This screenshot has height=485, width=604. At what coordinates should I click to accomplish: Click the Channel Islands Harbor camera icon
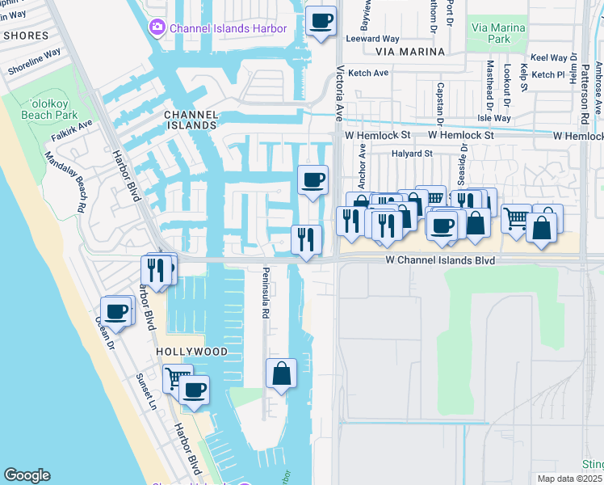(157, 28)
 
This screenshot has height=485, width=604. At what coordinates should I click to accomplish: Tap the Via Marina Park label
(498, 33)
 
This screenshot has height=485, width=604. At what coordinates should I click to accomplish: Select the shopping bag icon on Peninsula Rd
(281, 373)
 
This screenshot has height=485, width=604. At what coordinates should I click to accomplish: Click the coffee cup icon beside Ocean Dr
(116, 311)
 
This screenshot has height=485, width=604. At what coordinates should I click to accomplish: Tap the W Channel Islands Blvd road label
(440, 261)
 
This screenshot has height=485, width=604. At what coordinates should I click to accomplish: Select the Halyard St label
(412, 153)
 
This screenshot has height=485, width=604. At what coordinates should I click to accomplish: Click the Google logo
(27, 475)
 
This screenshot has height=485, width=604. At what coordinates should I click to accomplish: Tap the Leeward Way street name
(372, 38)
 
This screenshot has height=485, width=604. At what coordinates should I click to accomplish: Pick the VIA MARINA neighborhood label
(410, 52)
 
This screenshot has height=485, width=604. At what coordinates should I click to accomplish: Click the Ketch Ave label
(367, 73)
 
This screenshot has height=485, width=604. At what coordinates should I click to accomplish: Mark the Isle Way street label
(493, 118)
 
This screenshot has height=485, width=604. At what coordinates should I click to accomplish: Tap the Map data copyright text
(570, 479)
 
